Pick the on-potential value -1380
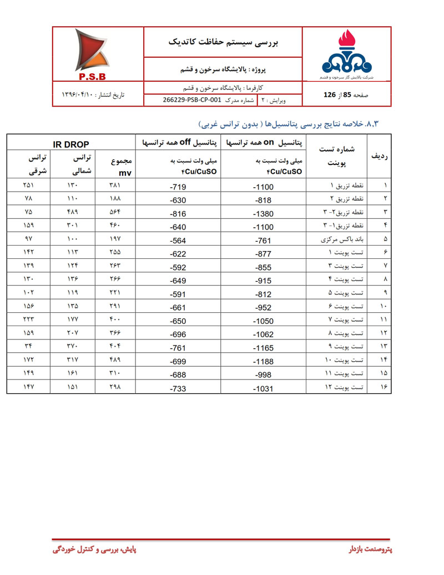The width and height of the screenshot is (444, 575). click(263, 214)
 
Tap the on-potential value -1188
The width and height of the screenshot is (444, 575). click(263, 362)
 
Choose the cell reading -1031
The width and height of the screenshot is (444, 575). click(263, 389)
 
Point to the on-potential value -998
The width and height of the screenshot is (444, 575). click(263, 376)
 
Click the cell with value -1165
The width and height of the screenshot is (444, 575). click(263, 349)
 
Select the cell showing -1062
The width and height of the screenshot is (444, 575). click(263, 336)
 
